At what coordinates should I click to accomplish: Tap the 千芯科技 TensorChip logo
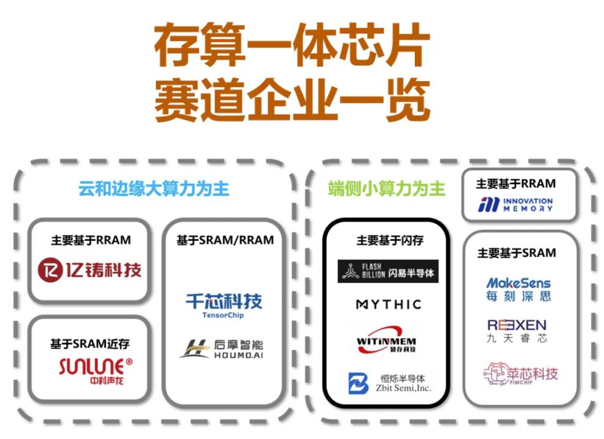click(x=223, y=305)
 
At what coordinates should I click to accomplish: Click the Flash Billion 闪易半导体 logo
click(x=388, y=271)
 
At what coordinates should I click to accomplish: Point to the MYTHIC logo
click(x=388, y=304)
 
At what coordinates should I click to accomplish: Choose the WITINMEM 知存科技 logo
click(x=386, y=340)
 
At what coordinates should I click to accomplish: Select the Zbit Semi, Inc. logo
click(x=389, y=383)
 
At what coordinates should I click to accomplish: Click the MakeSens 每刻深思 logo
click(x=518, y=289)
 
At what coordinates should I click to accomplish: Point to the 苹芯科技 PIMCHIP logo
click(x=520, y=374)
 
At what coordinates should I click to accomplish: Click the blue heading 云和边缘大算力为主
click(x=154, y=188)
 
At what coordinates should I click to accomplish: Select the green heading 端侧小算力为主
click(x=387, y=188)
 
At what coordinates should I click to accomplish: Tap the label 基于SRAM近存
click(x=90, y=344)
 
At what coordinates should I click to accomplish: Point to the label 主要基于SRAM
click(x=517, y=252)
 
